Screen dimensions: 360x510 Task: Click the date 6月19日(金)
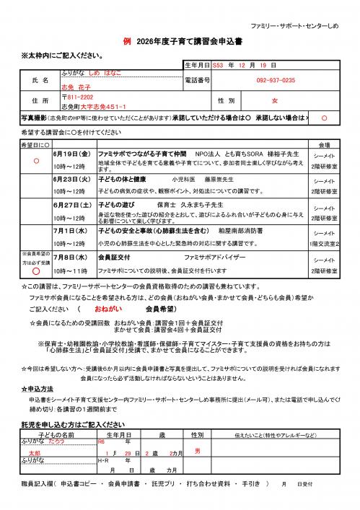coord(71,154)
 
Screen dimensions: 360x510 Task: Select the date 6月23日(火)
coord(71,178)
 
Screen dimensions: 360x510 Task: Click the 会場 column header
coord(324,144)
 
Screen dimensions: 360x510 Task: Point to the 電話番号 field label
coord(198,81)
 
